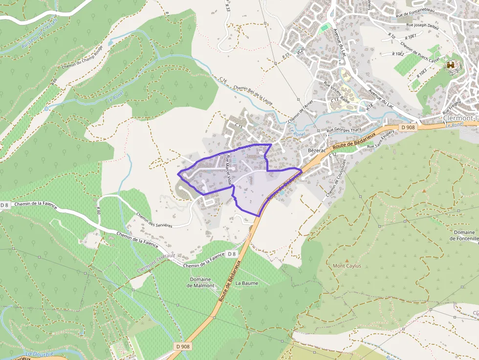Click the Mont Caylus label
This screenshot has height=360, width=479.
click(x=347, y=266)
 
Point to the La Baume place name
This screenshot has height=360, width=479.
click(x=246, y=283)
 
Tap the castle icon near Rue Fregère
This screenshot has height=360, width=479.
click(x=451, y=65)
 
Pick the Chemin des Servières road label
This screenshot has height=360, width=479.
click(x=155, y=219)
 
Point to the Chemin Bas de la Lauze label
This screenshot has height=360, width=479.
click(x=252, y=95)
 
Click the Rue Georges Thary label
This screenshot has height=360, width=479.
click(x=344, y=130)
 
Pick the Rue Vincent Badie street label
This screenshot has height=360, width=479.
click(x=337, y=91)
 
